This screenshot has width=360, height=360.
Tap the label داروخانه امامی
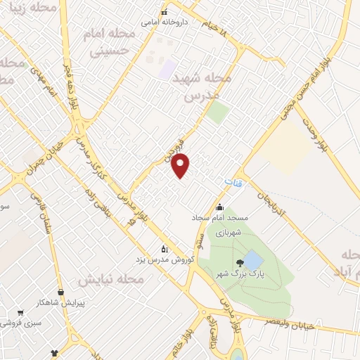tap(165, 22)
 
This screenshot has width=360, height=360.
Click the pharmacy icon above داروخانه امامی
tap(165, 12)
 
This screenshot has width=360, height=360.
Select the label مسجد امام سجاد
tap(219, 218)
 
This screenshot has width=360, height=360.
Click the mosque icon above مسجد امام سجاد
tap(219, 207)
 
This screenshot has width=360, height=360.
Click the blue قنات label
tap(233, 182)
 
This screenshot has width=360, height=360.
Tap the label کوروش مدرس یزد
tap(164, 259)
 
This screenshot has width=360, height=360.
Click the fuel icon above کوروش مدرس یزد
tap(165, 248)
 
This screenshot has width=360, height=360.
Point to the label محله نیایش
tap(110, 279)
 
